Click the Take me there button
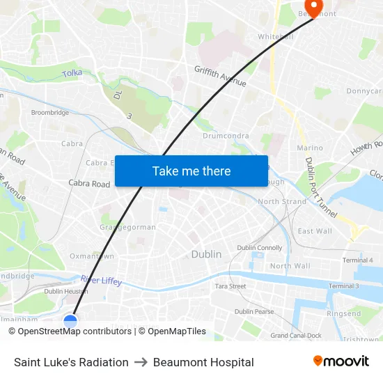coord(191,171)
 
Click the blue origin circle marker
coord(70,321)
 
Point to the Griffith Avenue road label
coord(220,76)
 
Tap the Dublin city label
coord(206,254)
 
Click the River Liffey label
coord(101,281)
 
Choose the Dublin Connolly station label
coord(260,247)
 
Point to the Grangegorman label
coord(127,227)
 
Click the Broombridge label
coord(49,112)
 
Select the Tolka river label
coord(72,73)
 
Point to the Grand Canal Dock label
coord(296,335)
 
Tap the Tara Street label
coord(230,286)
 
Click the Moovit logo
coord(341,361)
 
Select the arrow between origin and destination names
coord(141,362)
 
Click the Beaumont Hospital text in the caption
coord(203,362)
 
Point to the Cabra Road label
coord(89,184)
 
